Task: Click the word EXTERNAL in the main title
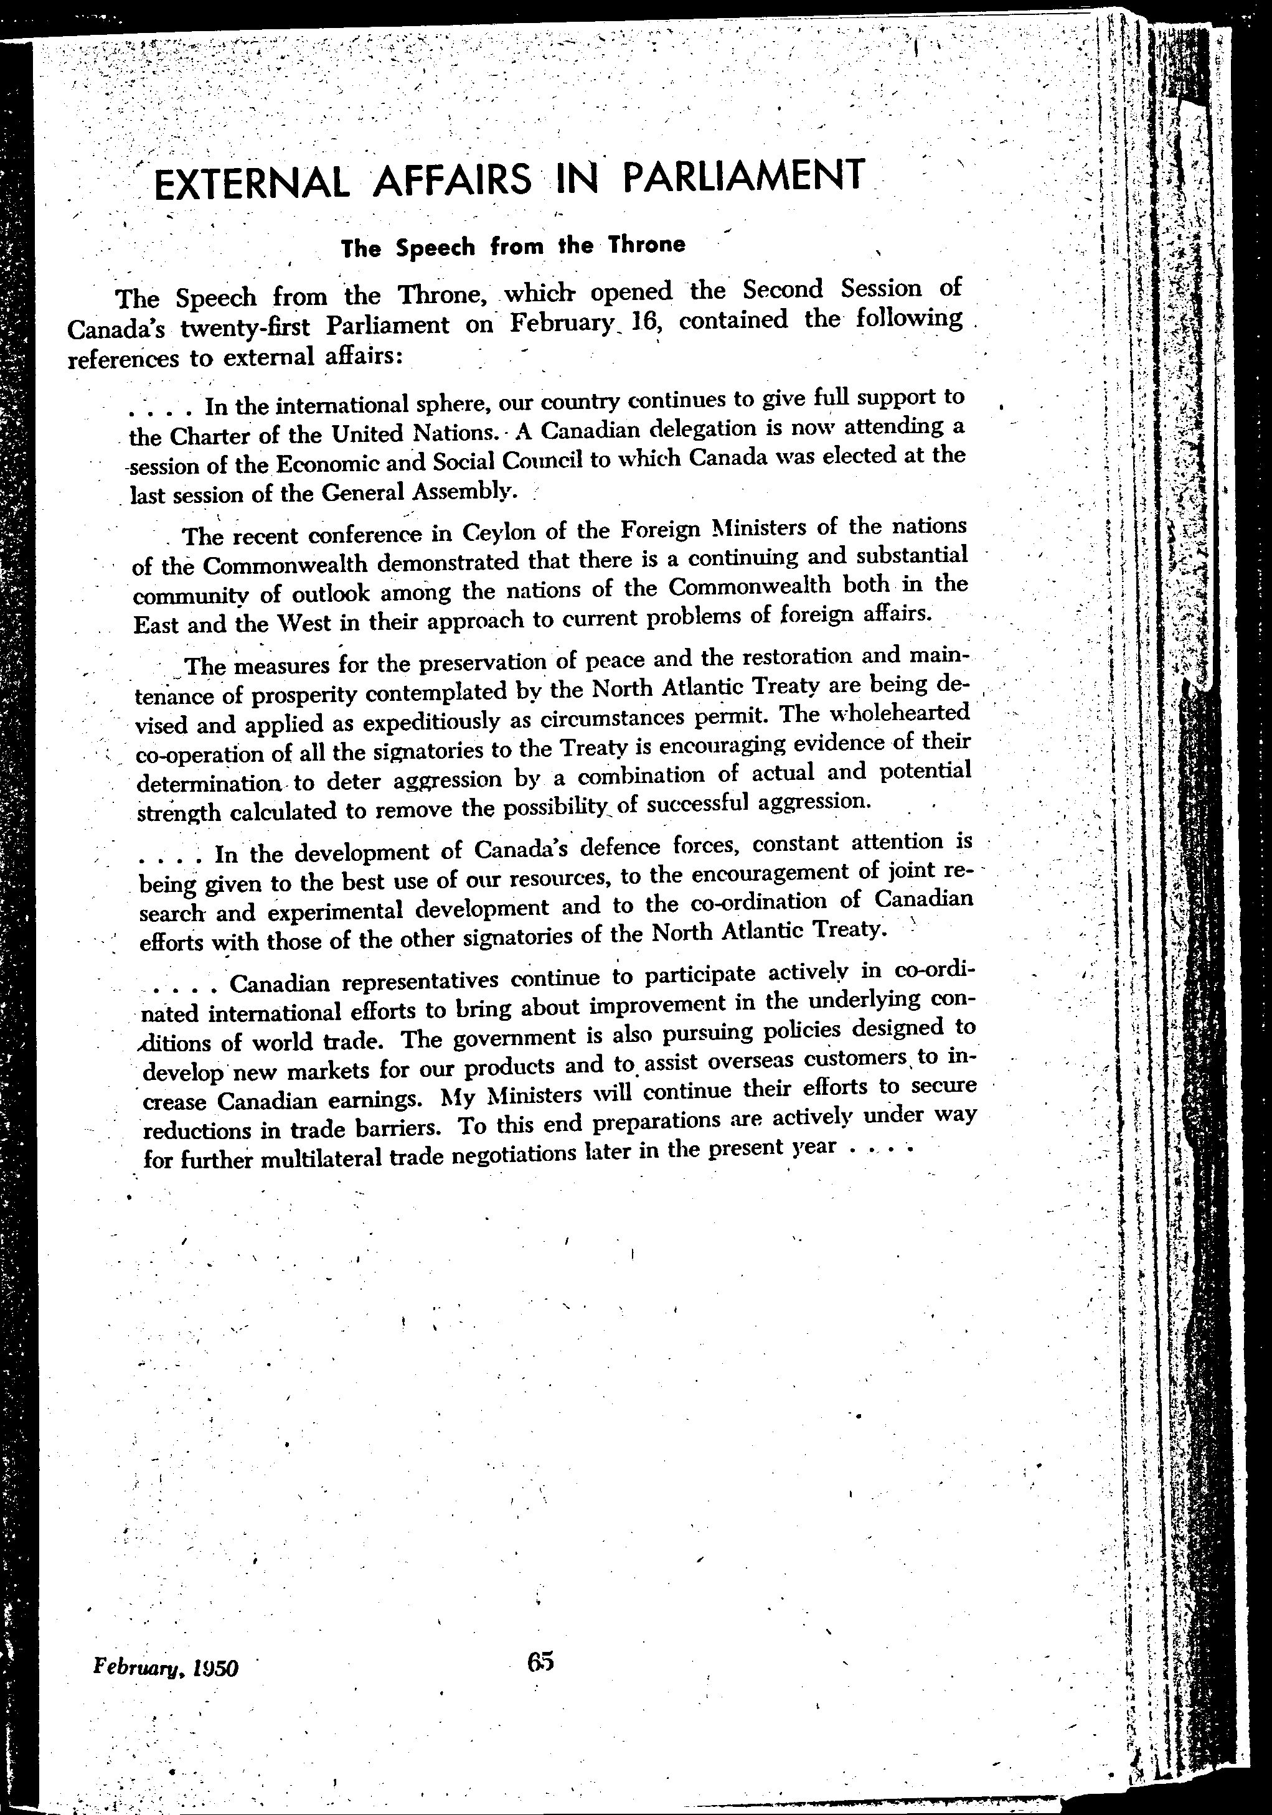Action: point(252,184)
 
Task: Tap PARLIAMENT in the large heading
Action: point(741,176)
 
